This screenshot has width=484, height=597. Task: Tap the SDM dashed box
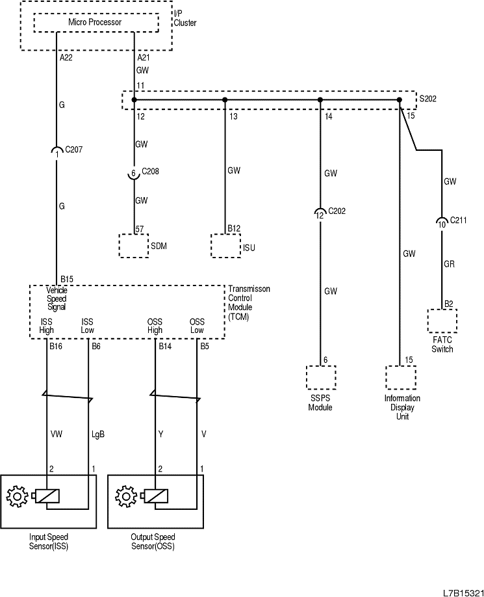133,246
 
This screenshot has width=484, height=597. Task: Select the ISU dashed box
225,246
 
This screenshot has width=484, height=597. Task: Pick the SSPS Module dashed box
320,378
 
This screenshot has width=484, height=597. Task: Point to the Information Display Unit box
400,378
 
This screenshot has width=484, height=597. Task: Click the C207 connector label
74,150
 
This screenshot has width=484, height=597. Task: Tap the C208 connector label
150,172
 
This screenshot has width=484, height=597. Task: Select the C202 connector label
337,211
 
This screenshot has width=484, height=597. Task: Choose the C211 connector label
459,221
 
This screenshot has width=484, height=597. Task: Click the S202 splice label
428,99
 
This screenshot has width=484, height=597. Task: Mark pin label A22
66,58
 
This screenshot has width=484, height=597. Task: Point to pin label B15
67,279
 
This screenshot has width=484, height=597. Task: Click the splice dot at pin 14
320,99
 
